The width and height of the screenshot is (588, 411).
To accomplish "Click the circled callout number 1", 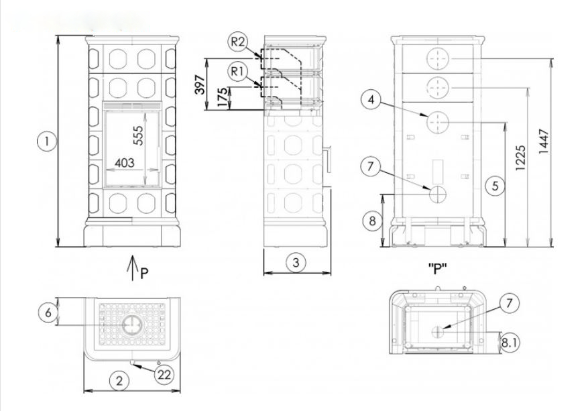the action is click(x=47, y=141).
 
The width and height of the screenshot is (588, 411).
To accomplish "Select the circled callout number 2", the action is click(x=119, y=381).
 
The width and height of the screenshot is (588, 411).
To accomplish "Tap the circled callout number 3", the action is click(x=296, y=262).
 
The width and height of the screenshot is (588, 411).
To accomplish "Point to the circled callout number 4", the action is click(x=371, y=100).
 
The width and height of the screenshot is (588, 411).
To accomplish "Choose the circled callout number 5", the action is click(x=495, y=186).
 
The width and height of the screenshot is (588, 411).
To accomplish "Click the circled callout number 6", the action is click(x=48, y=312).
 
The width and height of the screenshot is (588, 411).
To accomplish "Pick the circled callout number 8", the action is click(x=372, y=221).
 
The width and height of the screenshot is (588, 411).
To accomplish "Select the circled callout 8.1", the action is click(x=510, y=343).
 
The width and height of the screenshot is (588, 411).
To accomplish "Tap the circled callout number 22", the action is click(x=164, y=374).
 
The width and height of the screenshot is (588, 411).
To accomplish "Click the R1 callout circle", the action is click(x=237, y=72).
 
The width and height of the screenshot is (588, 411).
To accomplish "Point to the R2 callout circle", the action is click(x=237, y=42).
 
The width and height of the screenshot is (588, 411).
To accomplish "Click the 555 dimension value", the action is click(x=138, y=135).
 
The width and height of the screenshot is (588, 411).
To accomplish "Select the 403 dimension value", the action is click(x=125, y=163).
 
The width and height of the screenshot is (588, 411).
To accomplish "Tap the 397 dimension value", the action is click(x=200, y=84).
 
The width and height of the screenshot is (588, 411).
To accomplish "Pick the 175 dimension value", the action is click(x=222, y=97).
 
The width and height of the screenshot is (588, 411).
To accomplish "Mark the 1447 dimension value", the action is click(x=543, y=141).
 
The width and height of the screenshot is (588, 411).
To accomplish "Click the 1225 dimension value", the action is click(x=520, y=158).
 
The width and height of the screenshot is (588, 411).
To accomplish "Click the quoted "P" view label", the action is click(x=438, y=268).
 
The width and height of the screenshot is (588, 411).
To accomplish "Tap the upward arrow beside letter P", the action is click(x=132, y=268).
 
